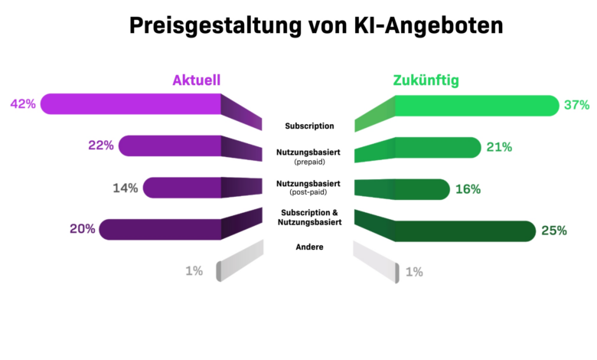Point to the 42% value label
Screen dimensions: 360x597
pyautogui.click(x=22, y=104)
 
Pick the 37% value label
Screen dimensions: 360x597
pyautogui.click(x=576, y=106)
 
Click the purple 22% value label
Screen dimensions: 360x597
pyautogui.click(x=101, y=146)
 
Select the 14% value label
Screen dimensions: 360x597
pyautogui.click(x=126, y=188)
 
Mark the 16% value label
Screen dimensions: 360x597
pyautogui.click(x=468, y=189)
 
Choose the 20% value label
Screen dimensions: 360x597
pyautogui.click(x=82, y=228)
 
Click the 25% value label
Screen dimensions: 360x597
pyautogui.click(x=553, y=230)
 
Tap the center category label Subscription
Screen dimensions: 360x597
pyautogui.click(x=309, y=126)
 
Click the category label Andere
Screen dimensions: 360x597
pyautogui.click(x=309, y=247)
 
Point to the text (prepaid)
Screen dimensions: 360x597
pyautogui.click(x=309, y=163)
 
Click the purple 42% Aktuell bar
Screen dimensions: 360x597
pyautogui.click(x=130, y=104)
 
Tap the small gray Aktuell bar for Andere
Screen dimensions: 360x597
pyautogui.click(x=219, y=270)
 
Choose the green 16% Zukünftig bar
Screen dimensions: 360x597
pyautogui.click(x=421, y=188)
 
